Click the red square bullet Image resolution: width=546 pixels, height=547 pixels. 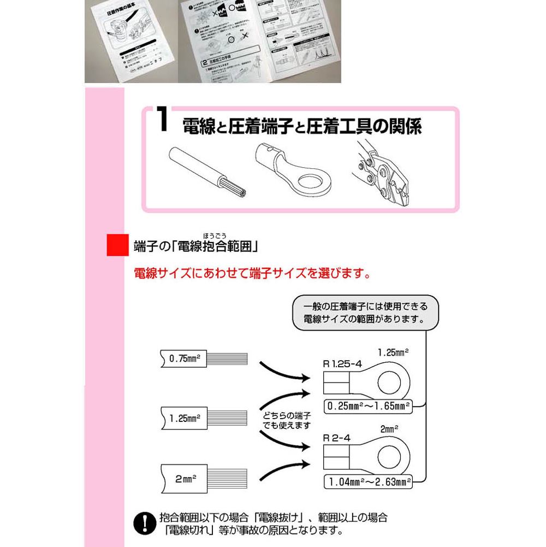(x=116, y=245)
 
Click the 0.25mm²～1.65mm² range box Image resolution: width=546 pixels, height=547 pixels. (x=367, y=406)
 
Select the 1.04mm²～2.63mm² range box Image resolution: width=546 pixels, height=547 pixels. (x=367, y=481)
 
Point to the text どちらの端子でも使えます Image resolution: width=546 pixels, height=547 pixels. (x=286, y=420)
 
